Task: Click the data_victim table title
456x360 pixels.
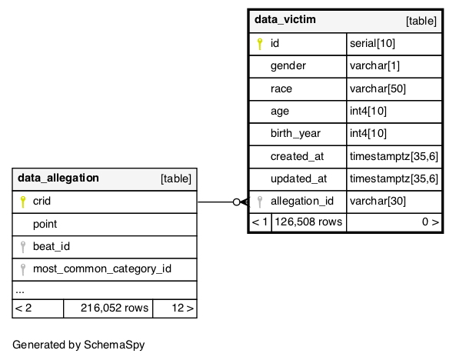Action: point(285,19)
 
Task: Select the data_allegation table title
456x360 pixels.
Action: point(58,178)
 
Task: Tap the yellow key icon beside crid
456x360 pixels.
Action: point(23,202)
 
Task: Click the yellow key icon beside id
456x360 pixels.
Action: point(260,44)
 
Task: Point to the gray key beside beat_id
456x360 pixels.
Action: point(23,247)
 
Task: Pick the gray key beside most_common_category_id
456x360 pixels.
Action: point(23,269)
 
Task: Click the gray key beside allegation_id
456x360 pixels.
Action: point(260,202)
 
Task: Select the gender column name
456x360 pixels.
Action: point(288,66)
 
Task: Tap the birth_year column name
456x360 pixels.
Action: point(295,133)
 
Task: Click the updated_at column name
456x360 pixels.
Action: point(298,178)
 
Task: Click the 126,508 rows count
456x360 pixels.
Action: point(308,222)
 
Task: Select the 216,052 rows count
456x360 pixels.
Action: point(115,308)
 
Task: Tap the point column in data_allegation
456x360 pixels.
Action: point(45,224)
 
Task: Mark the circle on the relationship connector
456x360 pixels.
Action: point(237,202)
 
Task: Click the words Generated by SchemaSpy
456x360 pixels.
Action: point(78,345)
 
